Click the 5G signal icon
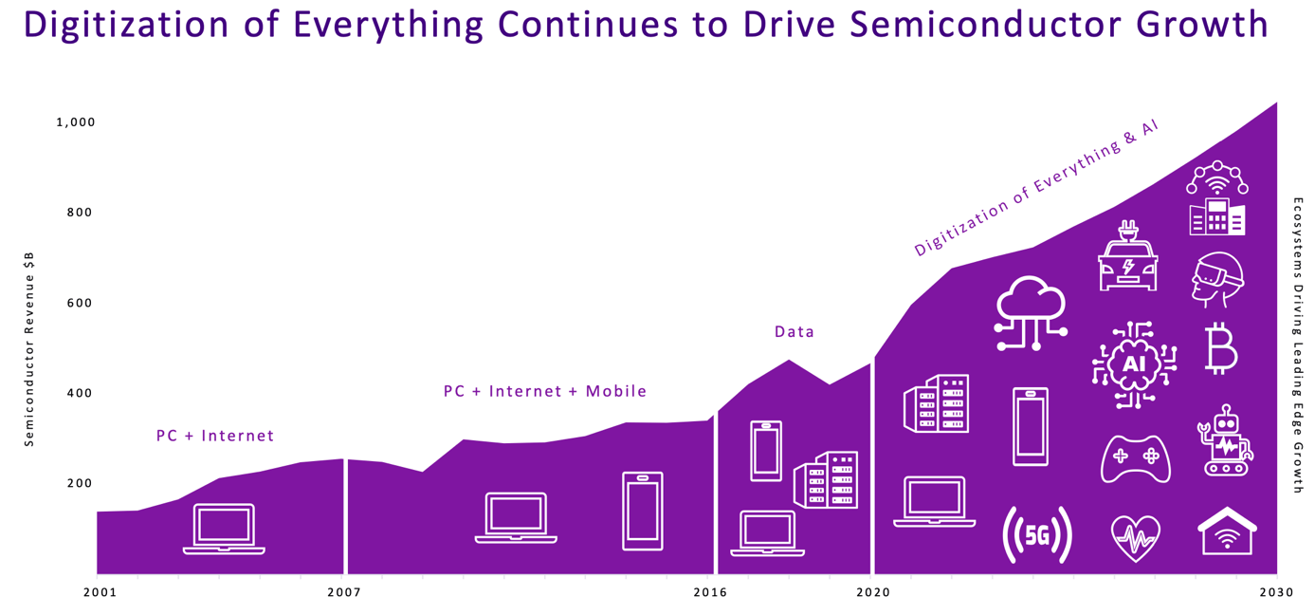point(1037,535)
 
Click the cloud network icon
point(1031,313)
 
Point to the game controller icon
point(1135,458)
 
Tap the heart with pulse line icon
point(1135,538)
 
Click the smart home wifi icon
point(1227,532)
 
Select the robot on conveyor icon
point(1225,439)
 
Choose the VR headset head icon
point(1217,279)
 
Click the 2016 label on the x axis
point(710,592)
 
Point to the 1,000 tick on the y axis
point(76,122)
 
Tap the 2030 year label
point(1276,592)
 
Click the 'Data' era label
point(794,331)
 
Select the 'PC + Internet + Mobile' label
point(545,391)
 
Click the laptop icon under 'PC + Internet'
point(224,530)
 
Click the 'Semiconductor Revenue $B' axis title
point(29,349)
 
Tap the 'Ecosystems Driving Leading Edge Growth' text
point(1298,345)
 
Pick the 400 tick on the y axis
point(79,393)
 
